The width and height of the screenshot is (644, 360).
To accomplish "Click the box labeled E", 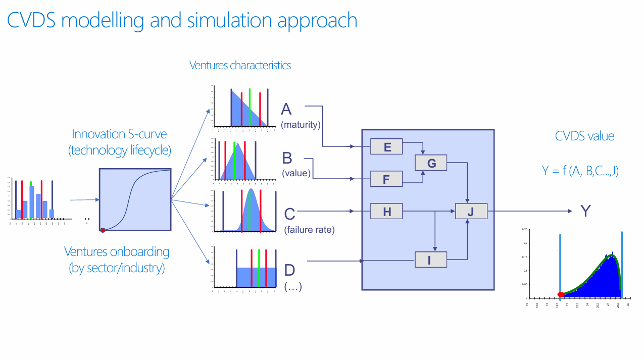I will [386, 146].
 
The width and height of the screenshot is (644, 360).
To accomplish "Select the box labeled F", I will [386, 179].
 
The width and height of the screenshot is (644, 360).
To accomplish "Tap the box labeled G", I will [431, 163].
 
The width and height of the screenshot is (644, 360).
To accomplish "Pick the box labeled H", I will [386, 211].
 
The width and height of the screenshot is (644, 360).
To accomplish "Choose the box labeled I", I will [431, 260].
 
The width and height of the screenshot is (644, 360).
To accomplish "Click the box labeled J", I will [471, 211].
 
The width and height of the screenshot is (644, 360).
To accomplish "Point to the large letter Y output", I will [585, 211].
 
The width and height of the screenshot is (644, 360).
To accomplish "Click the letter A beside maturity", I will [286, 109].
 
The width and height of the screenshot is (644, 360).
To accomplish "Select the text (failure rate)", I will [309, 230].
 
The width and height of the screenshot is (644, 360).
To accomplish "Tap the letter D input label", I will [289, 269].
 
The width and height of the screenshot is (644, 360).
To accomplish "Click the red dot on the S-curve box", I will [103, 230].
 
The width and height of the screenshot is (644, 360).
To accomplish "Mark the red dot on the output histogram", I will [561, 294].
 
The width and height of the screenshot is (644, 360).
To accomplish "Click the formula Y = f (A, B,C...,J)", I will [580, 171].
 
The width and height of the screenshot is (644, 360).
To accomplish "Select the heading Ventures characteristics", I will [240, 65].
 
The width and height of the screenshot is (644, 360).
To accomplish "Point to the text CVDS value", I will [584, 136].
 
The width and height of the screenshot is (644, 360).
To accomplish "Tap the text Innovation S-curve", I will [119, 134].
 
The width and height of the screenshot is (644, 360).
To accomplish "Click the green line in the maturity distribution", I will [250, 107].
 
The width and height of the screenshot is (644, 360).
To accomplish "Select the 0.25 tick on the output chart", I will [524, 229].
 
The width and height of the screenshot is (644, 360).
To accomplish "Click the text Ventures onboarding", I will [117, 251].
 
